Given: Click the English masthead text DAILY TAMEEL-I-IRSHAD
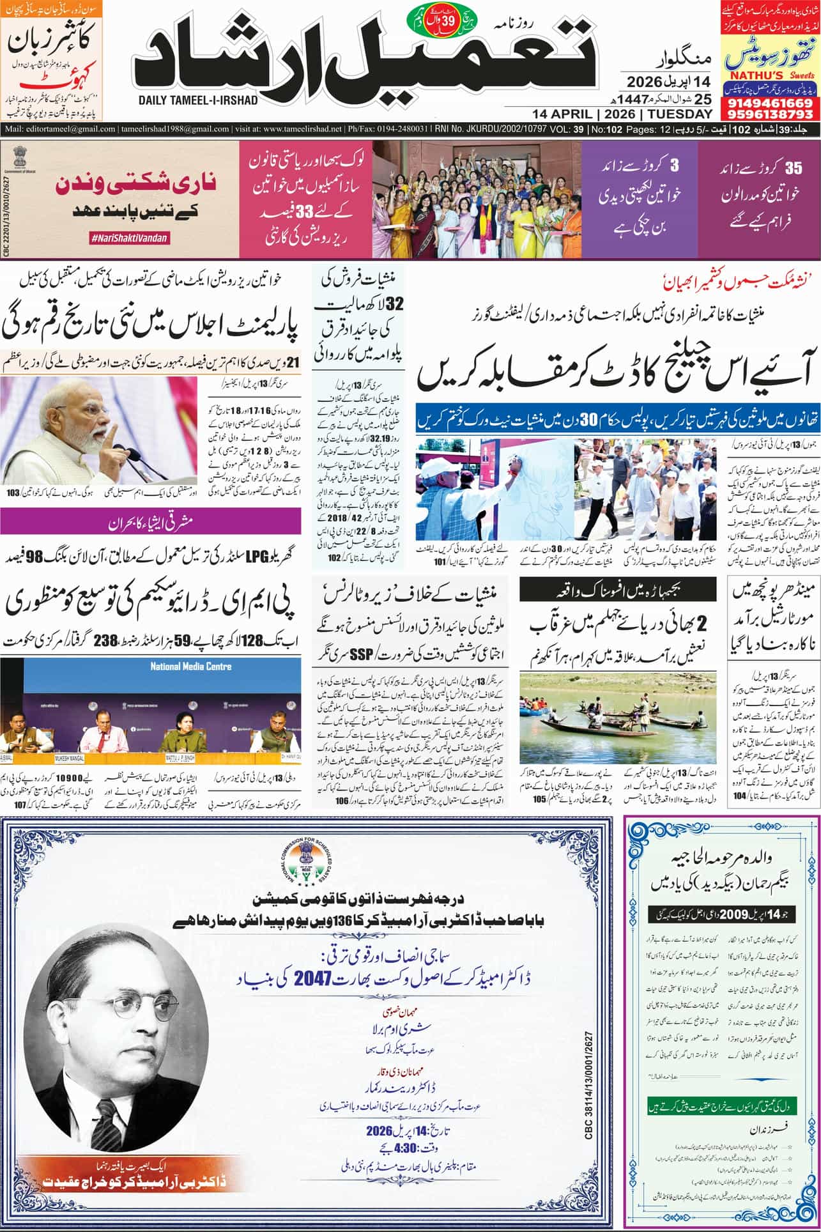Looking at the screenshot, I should (x=198, y=100).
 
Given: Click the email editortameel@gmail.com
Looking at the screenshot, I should (x=61, y=129).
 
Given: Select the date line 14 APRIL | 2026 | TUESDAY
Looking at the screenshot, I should (x=622, y=114).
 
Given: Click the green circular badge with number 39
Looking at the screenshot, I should (x=447, y=20).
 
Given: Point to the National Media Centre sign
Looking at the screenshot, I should (x=190, y=666).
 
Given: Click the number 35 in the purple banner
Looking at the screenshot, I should (x=793, y=169).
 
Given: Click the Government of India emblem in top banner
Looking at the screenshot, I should (x=19, y=157).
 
